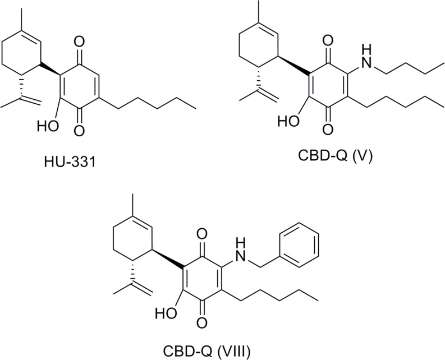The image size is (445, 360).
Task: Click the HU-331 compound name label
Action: coord(70,163)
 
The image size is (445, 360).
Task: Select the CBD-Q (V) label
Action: coord(335,155)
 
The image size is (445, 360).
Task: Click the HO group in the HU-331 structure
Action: coord(48,126)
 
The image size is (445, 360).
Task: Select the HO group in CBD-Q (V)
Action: coord(288,121)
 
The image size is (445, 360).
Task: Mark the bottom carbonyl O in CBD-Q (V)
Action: coord(328,130)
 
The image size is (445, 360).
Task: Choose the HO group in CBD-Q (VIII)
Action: coord(166,313)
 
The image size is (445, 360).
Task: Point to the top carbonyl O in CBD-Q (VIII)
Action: coord(202,235)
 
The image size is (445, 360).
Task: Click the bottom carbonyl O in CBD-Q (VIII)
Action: coord(202,322)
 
